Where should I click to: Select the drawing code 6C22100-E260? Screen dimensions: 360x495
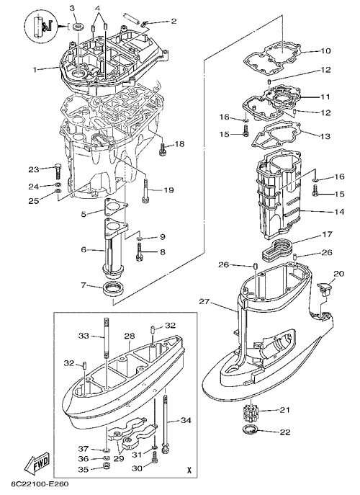click(x=40, y=484)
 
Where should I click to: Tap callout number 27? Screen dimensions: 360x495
click(x=204, y=301)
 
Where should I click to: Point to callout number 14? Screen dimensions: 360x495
click(x=339, y=212)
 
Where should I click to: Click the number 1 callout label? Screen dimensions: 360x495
click(x=35, y=69)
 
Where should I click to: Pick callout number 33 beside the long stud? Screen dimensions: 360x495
click(x=84, y=336)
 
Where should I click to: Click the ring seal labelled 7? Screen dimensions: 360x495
click(x=114, y=288)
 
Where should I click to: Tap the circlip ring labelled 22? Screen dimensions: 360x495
click(x=250, y=429)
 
